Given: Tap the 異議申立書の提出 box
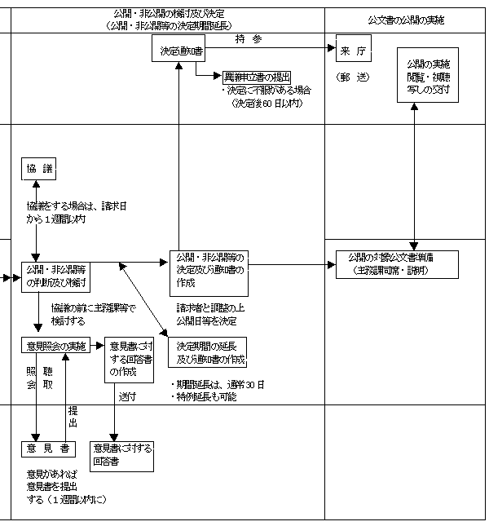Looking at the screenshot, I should [x=256, y=77].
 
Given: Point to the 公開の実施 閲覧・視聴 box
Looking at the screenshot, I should [x=427, y=74].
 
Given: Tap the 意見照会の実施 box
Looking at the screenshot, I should [x=55, y=346].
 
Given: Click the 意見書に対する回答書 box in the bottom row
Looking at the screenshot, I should [x=122, y=453].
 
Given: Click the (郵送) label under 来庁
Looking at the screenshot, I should [x=353, y=76].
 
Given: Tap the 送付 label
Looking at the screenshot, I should [x=126, y=396].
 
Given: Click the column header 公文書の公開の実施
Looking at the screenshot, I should [x=408, y=20].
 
